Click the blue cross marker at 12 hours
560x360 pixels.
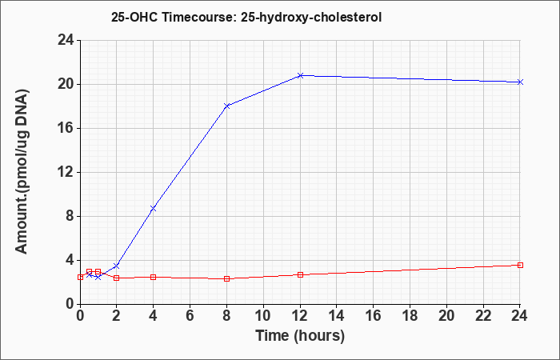300,75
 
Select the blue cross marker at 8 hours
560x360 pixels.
226,106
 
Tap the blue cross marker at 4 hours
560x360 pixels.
154,208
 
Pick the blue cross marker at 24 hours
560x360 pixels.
520,82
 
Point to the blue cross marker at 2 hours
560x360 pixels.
117,266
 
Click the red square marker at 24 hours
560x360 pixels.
520,265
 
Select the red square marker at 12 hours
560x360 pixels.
300,274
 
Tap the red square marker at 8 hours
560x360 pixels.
226,278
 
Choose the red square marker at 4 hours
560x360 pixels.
154,277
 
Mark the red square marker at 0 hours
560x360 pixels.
80,277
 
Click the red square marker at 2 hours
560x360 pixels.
117,278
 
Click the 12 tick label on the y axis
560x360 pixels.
66,172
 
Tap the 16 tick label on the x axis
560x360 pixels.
374,316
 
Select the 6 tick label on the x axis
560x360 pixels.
190,316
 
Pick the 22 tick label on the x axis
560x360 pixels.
483,316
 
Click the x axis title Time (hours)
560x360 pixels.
300,336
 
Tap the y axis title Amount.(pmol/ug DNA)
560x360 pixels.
22,171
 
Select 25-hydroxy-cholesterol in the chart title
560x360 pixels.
311,18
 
